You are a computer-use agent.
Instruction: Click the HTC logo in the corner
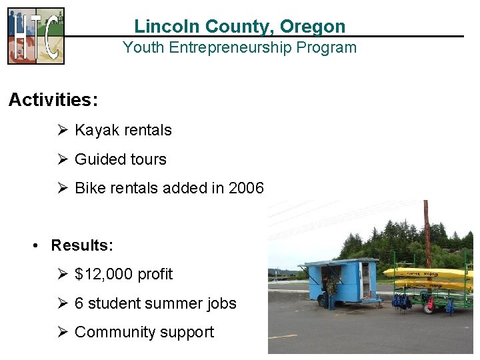pyautogui.click(x=36, y=35)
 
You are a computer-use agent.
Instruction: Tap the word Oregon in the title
pyautogui.click(x=313, y=27)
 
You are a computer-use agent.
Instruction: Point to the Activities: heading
pyautogui.click(x=53, y=100)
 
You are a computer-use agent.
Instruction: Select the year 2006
pyautogui.click(x=246, y=188)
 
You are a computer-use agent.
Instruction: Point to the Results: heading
pyautogui.click(x=82, y=245)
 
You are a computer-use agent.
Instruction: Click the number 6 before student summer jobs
pyautogui.click(x=79, y=303)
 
